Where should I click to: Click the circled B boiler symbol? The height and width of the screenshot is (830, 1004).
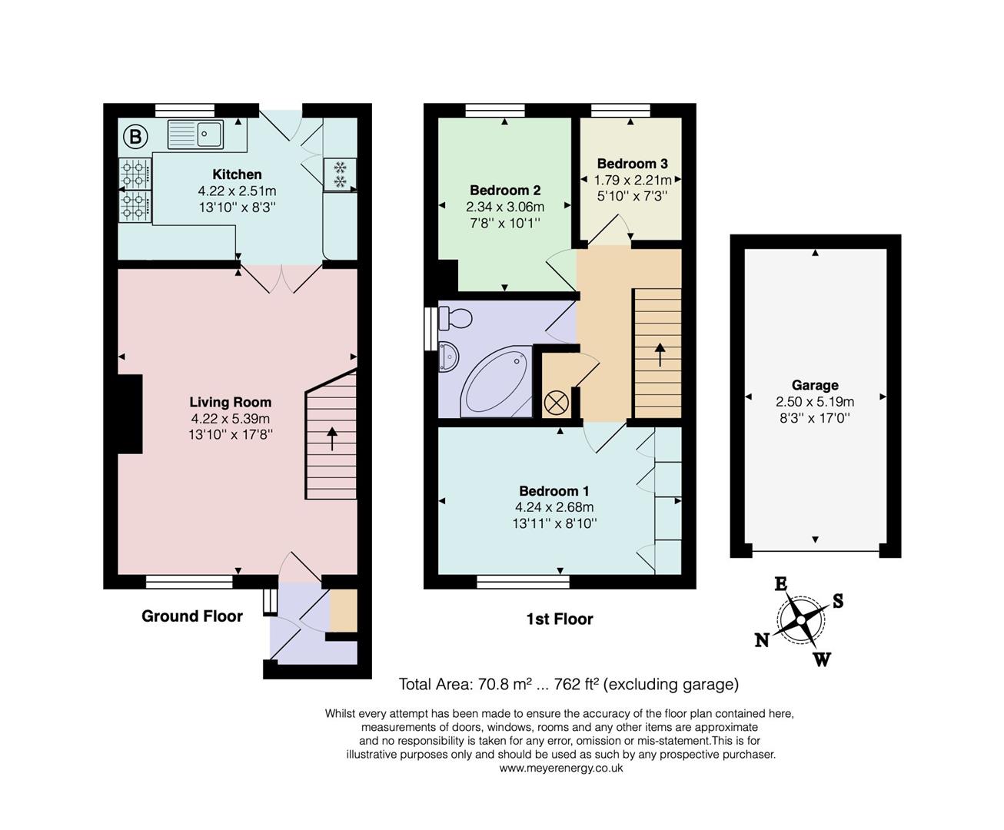135,137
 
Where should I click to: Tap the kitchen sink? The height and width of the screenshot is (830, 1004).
196,134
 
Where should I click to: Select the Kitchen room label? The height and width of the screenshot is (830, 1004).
237,174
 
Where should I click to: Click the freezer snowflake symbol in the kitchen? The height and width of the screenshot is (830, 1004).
340,174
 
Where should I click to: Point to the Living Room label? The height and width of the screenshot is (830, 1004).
231,402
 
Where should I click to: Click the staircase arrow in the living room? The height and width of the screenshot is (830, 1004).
332,438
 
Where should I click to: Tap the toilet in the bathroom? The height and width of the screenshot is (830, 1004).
455,318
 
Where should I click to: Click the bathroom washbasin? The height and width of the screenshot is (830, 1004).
448,357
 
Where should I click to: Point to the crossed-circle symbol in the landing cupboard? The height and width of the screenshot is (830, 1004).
556,403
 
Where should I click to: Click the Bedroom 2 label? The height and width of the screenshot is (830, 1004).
505,191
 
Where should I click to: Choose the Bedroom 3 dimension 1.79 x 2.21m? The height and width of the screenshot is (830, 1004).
633,181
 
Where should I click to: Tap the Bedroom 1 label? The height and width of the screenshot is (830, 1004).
554,490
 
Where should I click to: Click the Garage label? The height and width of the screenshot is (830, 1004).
815,385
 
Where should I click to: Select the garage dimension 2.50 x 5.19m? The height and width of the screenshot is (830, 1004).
815,401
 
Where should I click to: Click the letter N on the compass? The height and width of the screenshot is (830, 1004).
762,640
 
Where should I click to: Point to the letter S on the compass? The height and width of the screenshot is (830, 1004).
838,601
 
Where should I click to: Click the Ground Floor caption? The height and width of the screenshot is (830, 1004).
192,616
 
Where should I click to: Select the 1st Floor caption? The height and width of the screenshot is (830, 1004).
560,619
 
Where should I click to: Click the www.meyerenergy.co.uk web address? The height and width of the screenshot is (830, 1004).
561,768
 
